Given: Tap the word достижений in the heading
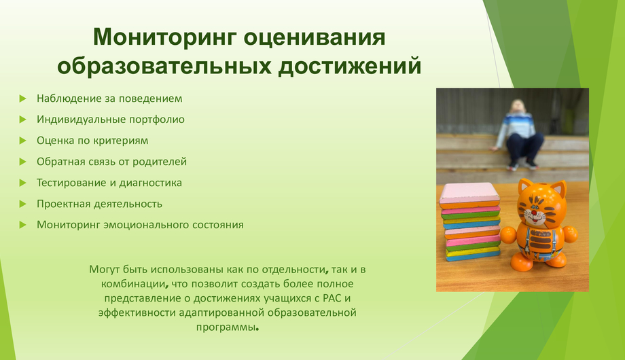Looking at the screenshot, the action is click(350, 66).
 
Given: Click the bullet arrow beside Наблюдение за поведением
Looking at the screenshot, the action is click(22, 98).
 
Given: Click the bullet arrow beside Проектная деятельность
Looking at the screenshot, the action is click(22, 204).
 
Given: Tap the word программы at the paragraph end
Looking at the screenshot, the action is click(226, 327).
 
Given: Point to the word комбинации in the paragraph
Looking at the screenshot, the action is click(133, 284).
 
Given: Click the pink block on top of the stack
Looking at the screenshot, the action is click(470, 194).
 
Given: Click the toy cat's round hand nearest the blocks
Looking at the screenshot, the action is click(508, 235).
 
